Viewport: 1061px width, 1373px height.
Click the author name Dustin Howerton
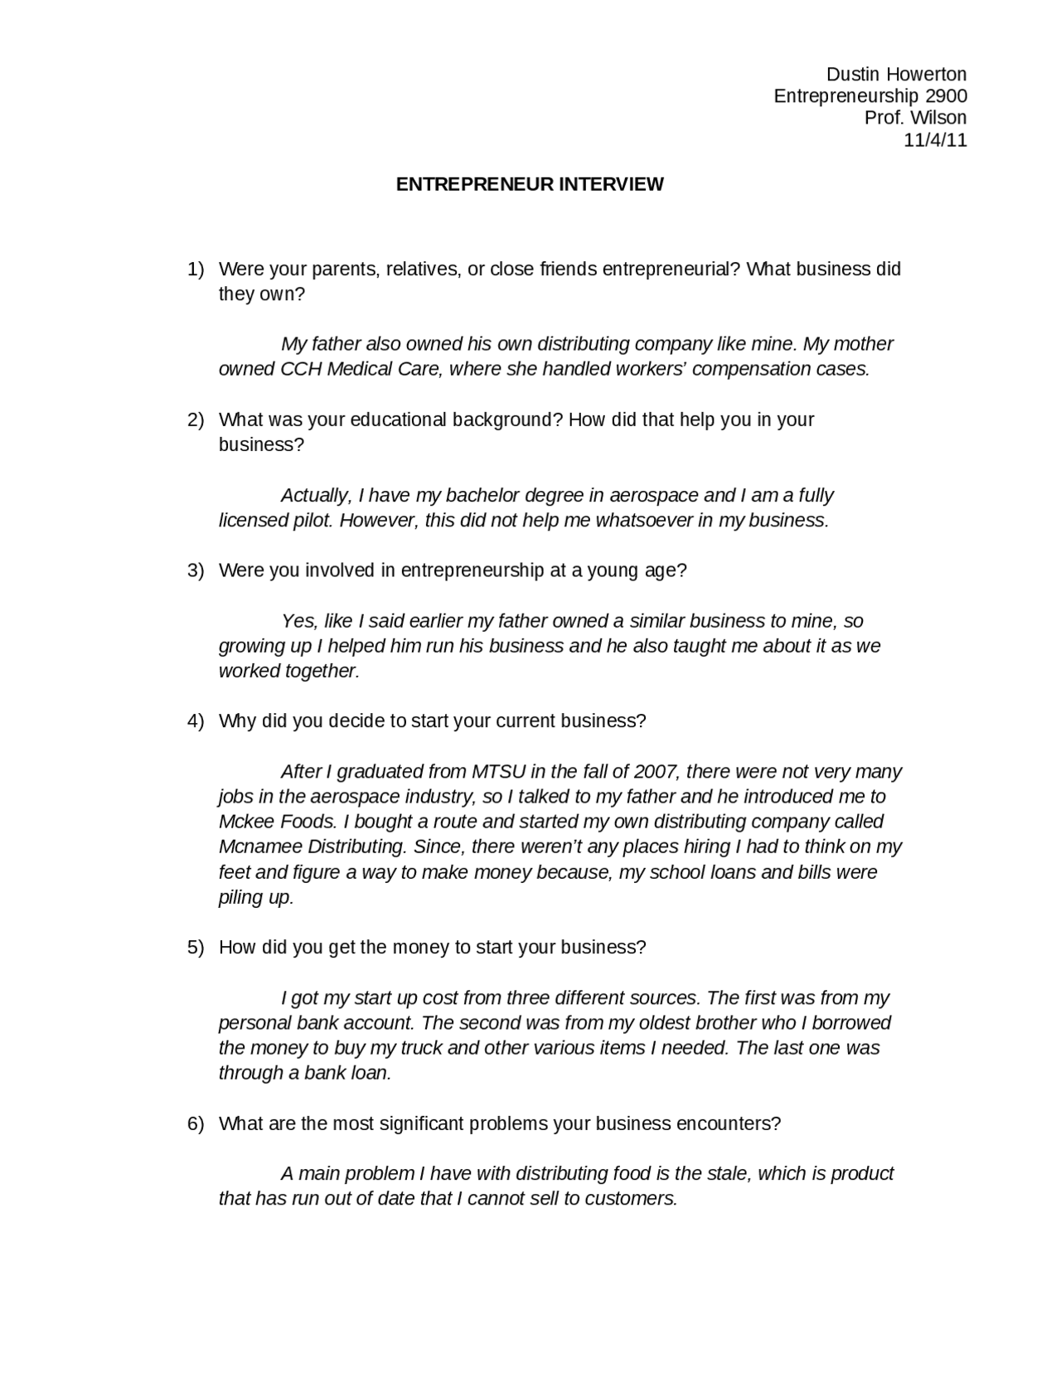pyautogui.click(x=896, y=75)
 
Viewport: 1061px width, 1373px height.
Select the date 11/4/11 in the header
pyautogui.click(x=935, y=140)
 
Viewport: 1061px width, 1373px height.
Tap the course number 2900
pyautogui.click(x=946, y=96)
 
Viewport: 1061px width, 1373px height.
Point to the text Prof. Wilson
pyautogui.click(x=915, y=118)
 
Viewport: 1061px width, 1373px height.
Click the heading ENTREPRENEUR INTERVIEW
pyautogui.click(x=530, y=184)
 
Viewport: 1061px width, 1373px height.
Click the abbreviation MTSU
pyautogui.click(x=498, y=772)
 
